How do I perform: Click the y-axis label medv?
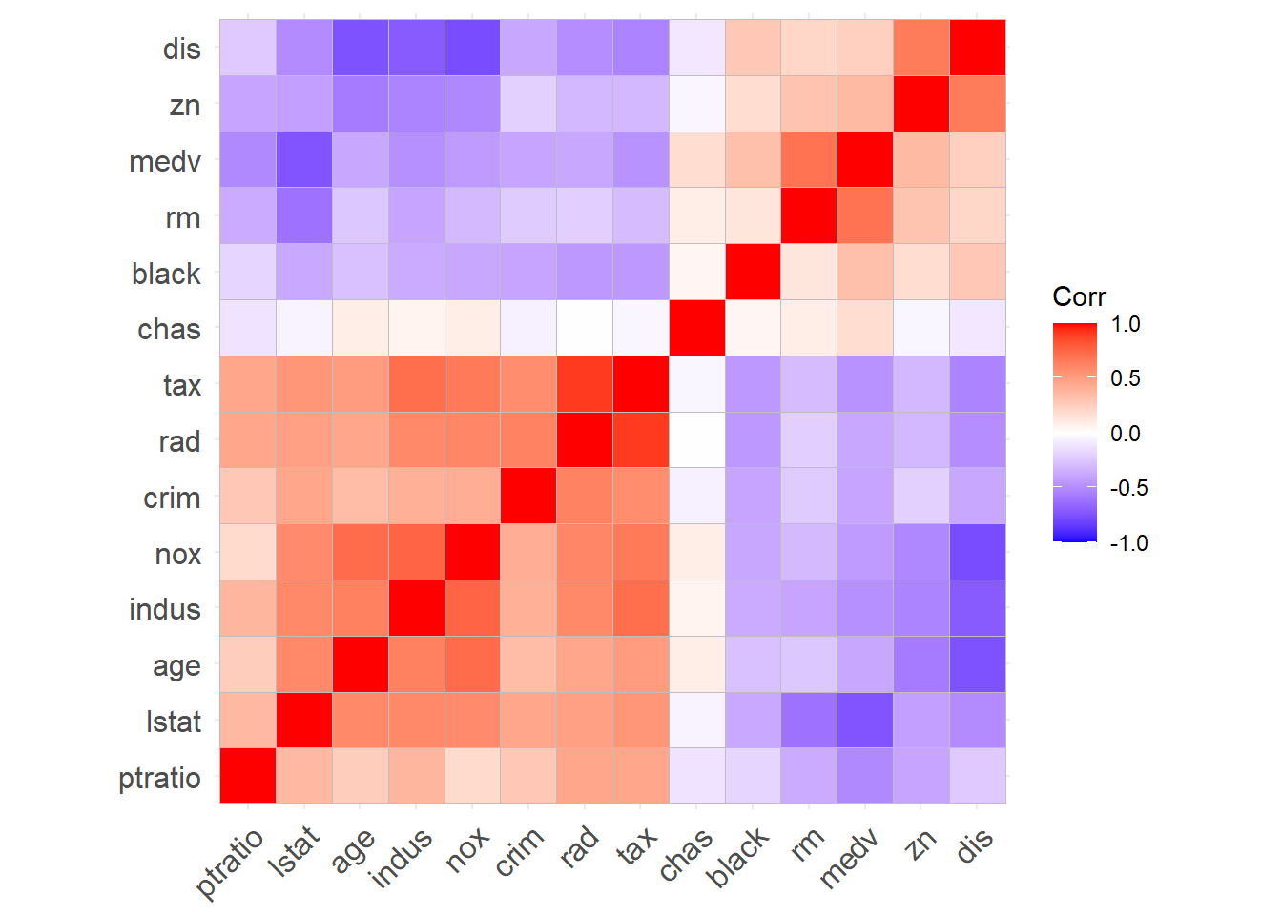[x=165, y=162]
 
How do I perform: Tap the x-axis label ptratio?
[x=231, y=864]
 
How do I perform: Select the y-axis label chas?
[x=169, y=330]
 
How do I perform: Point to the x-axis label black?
[x=739, y=857]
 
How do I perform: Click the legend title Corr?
[x=1079, y=296]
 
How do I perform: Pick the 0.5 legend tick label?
[x=1126, y=378]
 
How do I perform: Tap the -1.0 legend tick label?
[x=1129, y=543]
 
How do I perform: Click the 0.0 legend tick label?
[x=1126, y=434]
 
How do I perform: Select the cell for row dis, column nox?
[x=472, y=48]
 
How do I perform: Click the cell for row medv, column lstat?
[x=304, y=160]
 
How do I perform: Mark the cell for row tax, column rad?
[x=585, y=384]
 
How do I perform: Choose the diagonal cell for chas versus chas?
[x=697, y=328]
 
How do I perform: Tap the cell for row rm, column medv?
[x=865, y=215]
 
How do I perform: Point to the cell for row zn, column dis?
[x=978, y=104]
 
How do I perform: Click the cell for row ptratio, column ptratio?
[x=248, y=776]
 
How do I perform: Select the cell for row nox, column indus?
[x=416, y=552]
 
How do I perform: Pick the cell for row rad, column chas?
[x=697, y=440]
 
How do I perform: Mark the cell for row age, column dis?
[x=978, y=664]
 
